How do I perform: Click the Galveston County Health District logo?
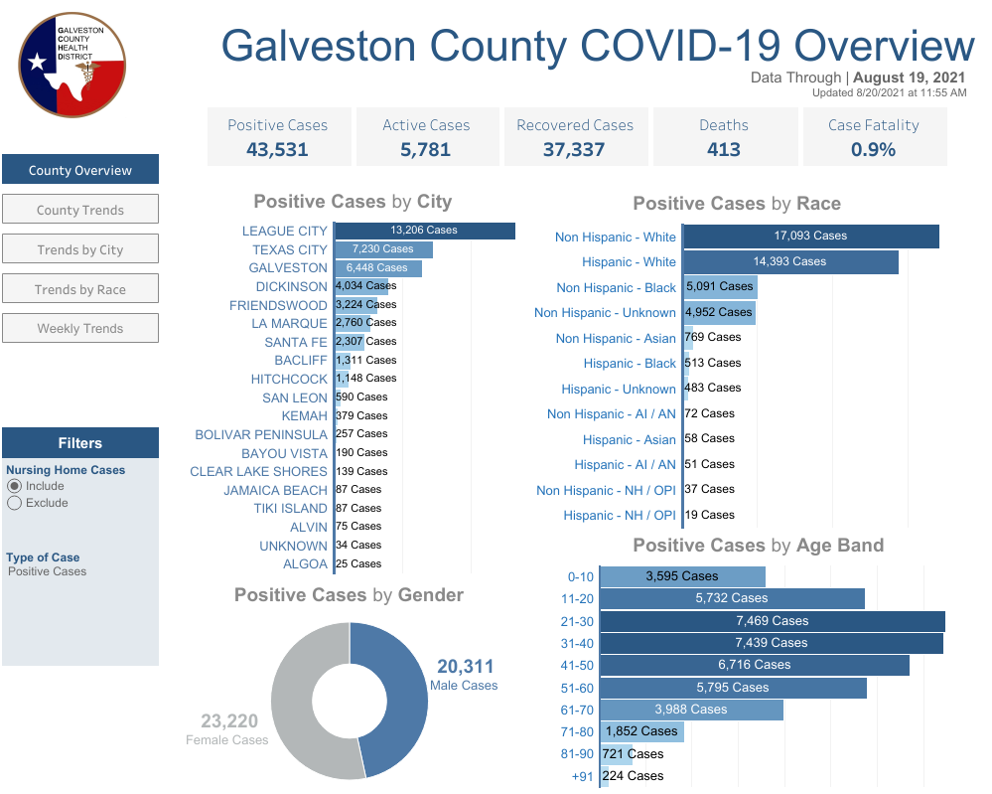(72, 66)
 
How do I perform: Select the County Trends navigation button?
(80, 209)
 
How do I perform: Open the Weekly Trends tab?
(80, 328)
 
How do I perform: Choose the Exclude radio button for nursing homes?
(14, 504)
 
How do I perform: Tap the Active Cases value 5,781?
(426, 149)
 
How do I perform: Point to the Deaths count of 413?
(724, 149)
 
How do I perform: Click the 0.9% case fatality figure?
(873, 149)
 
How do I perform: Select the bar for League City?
(425, 231)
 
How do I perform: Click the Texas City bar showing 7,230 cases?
(384, 249)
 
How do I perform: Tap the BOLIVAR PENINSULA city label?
(260, 435)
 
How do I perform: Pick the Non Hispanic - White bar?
(811, 237)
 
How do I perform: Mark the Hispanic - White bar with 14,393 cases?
(790, 262)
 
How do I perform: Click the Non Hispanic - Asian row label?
(616, 339)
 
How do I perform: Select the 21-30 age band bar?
(773, 621)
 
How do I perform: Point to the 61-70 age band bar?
(691, 710)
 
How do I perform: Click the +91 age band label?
(582, 776)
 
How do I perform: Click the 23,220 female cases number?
(229, 721)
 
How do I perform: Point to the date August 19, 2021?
(910, 78)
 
